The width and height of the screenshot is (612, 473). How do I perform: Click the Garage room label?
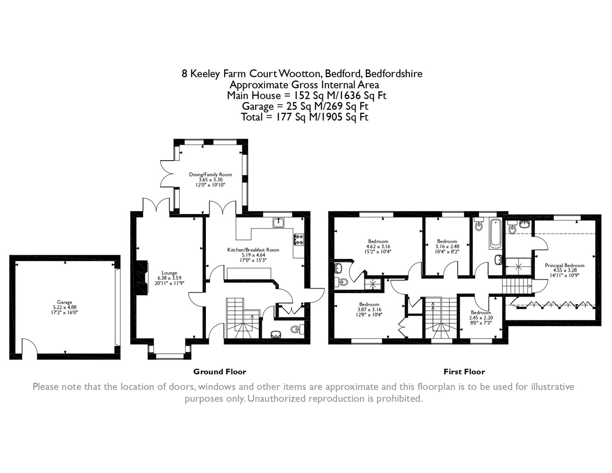pos(64,302)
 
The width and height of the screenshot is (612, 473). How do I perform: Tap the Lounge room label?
pos(169,273)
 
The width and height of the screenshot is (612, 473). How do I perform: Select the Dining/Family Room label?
pos(210,175)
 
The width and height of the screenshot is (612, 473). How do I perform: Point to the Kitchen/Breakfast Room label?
pos(253,250)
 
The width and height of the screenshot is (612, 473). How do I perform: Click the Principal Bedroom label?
pos(564,265)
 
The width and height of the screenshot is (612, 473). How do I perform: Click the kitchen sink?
pos(278,223)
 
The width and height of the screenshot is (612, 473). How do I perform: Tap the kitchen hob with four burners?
pos(299,239)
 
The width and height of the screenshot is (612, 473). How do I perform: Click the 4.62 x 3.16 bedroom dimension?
pos(378,247)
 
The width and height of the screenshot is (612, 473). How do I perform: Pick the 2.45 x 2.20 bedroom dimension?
pos(481,318)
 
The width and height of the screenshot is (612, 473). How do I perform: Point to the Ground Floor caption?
pos(220,372)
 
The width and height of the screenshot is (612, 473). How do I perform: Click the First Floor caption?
pos(464,372)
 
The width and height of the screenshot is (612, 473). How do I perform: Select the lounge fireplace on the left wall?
pos(142,278)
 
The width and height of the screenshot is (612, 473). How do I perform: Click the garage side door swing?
pos(29,346)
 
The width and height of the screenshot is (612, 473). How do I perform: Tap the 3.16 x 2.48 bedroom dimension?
pos(447,247)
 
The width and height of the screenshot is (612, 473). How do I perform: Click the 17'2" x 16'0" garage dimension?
pos(64,312)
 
